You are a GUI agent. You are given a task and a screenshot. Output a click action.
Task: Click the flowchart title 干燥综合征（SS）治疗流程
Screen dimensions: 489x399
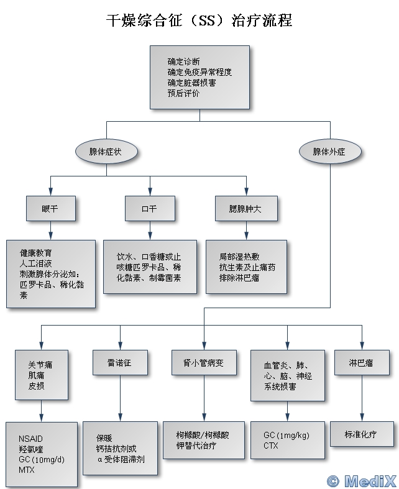(x=199, y=21)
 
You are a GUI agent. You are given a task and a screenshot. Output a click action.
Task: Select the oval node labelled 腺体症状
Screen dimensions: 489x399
(x=106, y=151)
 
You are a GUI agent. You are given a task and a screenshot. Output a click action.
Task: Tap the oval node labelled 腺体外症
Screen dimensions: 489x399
(x=329, y=151)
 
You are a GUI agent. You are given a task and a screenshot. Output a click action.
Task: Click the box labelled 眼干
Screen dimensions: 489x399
(x=50, y=209)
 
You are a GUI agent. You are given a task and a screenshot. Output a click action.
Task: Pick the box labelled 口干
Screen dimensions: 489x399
(x=150, y=209)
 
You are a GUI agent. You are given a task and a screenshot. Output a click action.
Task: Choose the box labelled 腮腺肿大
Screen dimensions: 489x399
(x=245, y=209)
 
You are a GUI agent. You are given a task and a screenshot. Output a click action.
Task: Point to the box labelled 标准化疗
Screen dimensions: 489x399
(x=361, y=434)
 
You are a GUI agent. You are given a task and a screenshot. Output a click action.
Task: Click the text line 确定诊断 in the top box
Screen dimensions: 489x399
(x=184, y=62)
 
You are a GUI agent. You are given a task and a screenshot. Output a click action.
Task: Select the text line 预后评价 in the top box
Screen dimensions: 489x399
(x=184, y=93)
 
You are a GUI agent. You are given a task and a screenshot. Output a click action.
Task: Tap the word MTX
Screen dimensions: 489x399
(x=27, y=470)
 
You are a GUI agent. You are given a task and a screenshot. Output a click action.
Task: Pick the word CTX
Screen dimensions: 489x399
(x=271, y=446)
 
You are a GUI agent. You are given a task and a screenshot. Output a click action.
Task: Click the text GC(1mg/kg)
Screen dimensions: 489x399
(x=286, y=435)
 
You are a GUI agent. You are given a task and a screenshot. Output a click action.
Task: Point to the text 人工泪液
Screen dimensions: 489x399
(x=36, y=264)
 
